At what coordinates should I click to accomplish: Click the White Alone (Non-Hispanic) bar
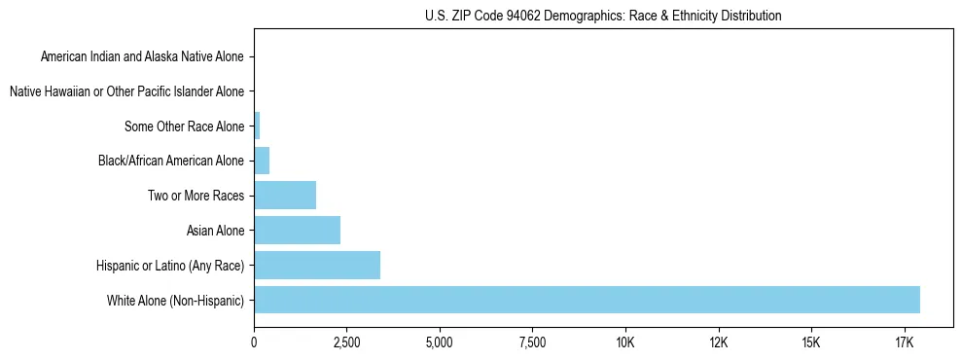tap(587, 300)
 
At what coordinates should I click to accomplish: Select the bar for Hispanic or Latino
tap(317, 265)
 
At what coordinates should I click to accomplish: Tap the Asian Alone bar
tap(297, 231)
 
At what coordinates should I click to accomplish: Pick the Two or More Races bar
tap(285, 196)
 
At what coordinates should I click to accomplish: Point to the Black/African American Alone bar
tap(262, 161)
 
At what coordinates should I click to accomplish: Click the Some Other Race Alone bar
tap(257, 126)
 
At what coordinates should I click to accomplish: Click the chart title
tap(603, 16)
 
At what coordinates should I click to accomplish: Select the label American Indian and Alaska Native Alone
tap(143, 56)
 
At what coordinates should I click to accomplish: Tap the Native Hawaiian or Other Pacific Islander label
tap(126, 91)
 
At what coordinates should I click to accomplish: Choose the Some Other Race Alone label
tap(185, 126)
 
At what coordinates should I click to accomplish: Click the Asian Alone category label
tap(216, 231)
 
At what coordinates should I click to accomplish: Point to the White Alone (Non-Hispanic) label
tap(176, 301)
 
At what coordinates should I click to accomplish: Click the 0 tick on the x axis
tap(254, 342)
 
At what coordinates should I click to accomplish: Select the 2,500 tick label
tap(346, 342)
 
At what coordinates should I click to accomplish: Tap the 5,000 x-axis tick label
tap(440, 342)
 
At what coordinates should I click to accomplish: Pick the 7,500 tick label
tap(532, 342)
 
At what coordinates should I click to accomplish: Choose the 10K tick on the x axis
tap(624, 342)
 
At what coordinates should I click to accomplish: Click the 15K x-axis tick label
tap(810, 342)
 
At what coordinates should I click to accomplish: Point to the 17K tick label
tap(904, 342)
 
